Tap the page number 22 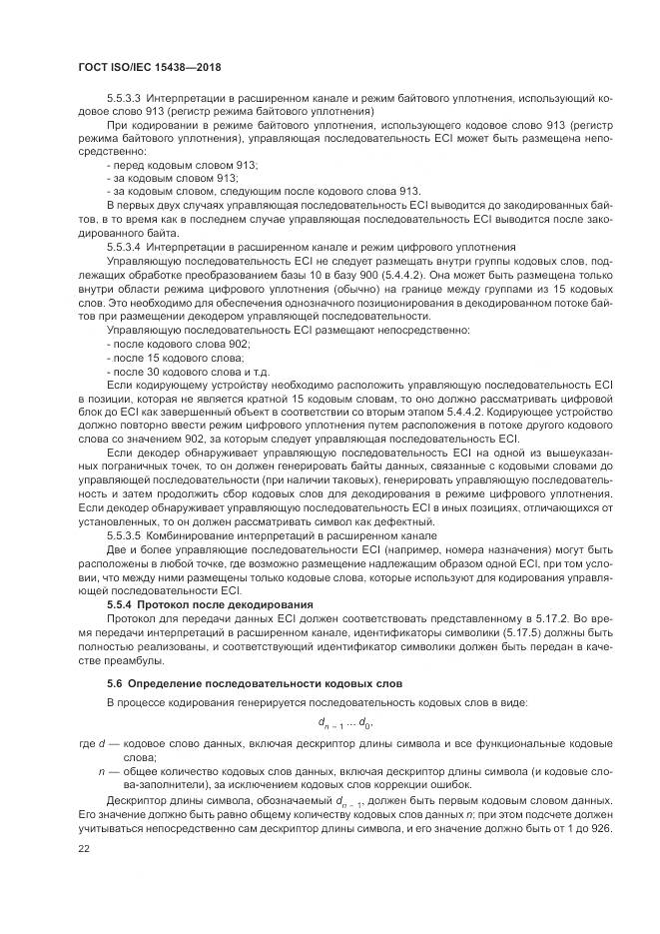(x=84, y=847)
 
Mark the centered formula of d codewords (x=346, y=723)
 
